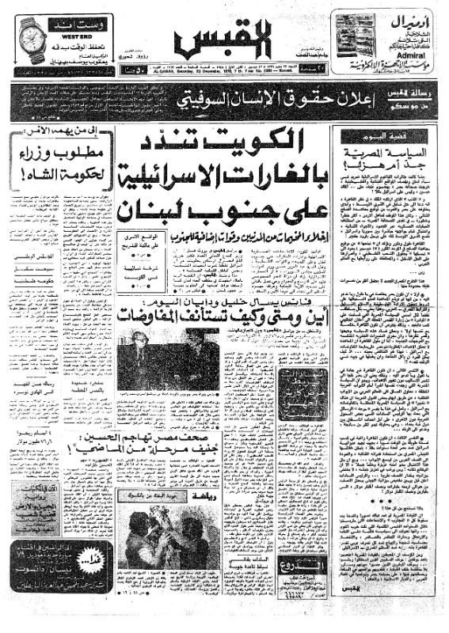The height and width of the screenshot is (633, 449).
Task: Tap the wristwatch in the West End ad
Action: (x=29, y=37)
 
